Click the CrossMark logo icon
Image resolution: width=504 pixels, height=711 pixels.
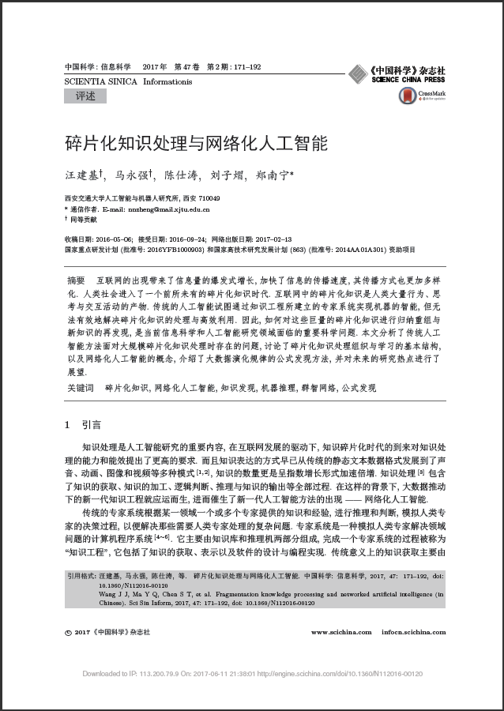[407, 96]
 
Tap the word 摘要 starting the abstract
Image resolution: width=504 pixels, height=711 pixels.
[77, 281]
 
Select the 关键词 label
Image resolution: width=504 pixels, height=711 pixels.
[81, 388]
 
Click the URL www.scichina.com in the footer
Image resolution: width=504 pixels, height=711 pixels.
[341, 632]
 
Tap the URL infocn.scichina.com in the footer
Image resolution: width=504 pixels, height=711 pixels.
[412, 632]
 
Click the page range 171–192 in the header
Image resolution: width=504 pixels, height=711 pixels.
[246, 67]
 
